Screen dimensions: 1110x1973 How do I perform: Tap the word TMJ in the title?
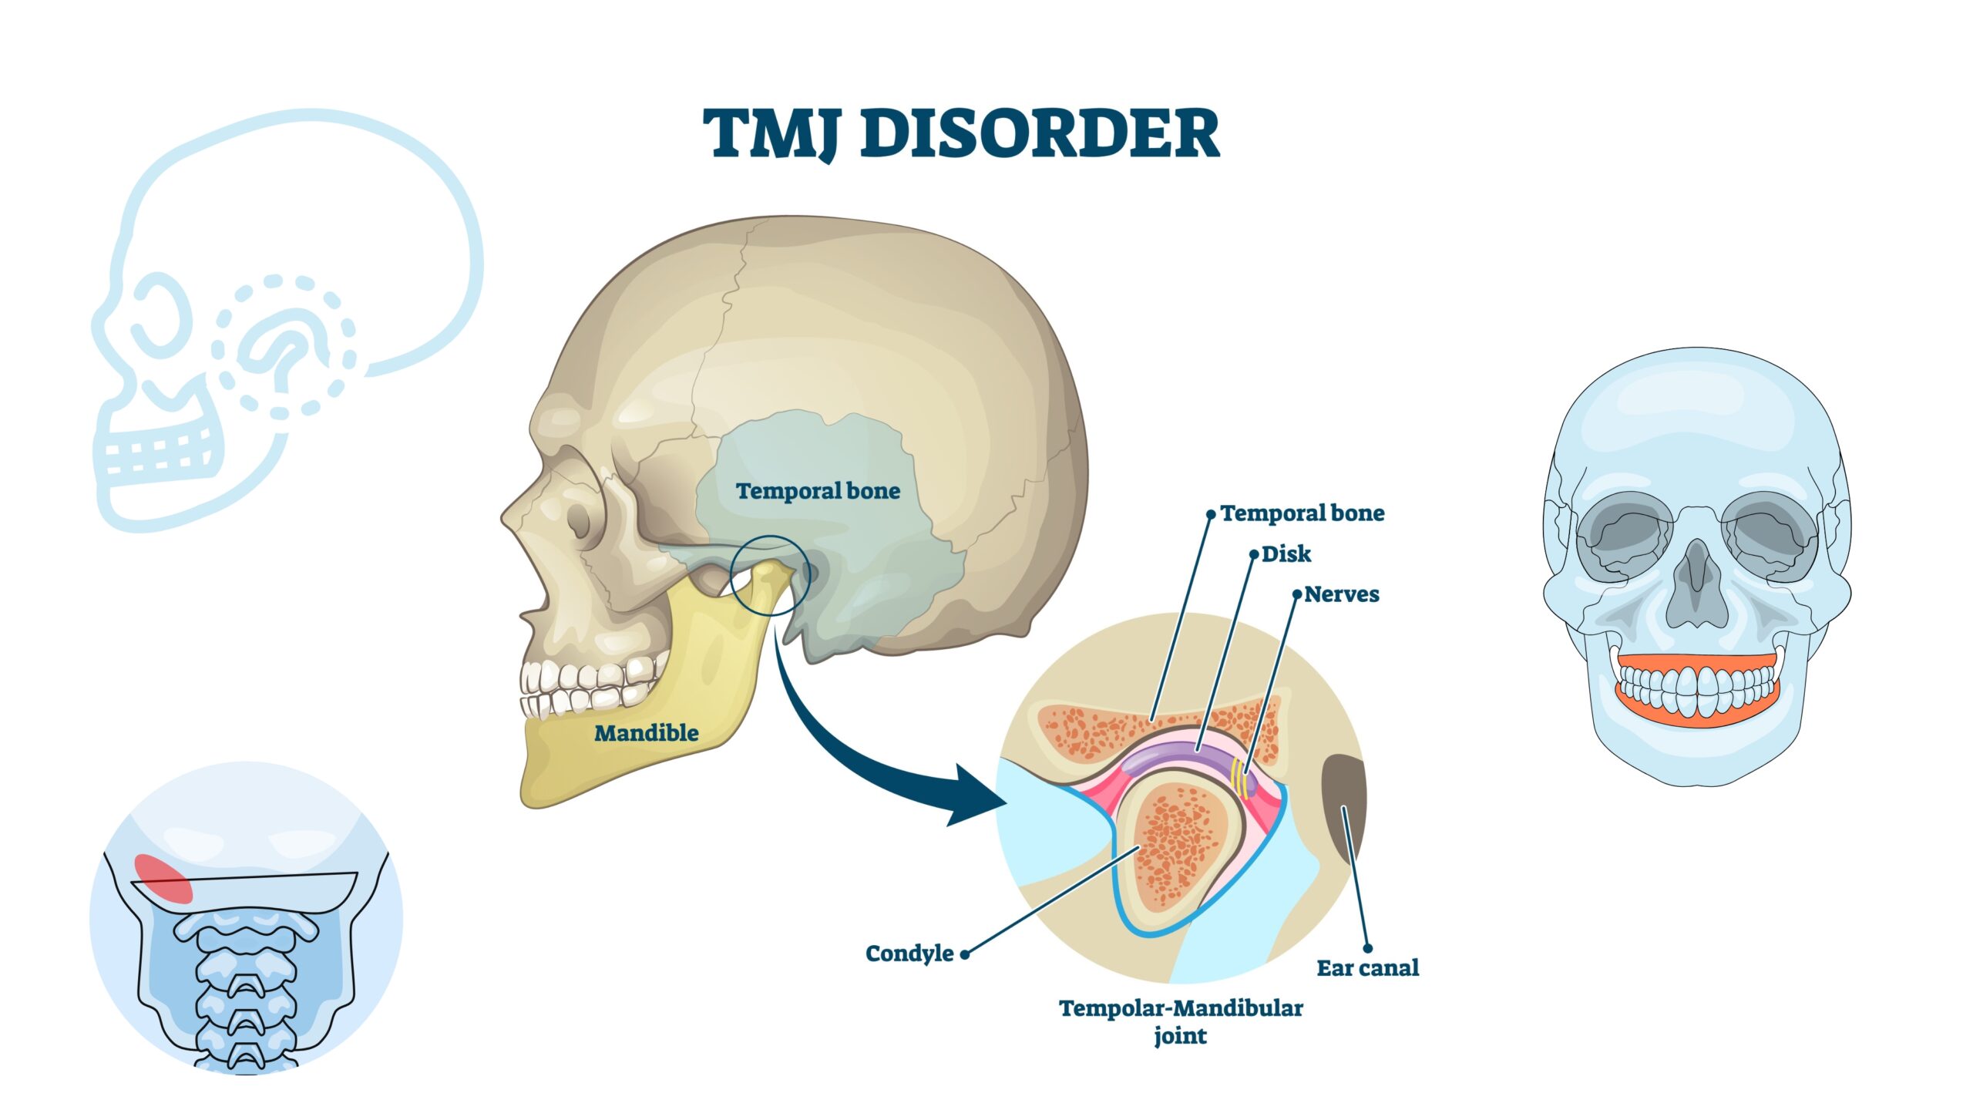click(x=771, y=133)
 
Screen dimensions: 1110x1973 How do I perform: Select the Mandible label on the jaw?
click(x=646, y=733)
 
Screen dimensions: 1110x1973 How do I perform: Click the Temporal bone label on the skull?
click(x=818, y=491)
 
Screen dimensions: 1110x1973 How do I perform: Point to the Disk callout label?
click(x=1286, y=554)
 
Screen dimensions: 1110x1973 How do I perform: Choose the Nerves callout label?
click(x=1341, y=594)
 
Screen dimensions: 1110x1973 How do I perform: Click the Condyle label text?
click(x=909, y=954)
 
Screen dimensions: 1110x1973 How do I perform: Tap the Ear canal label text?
click(x=1367, y=968)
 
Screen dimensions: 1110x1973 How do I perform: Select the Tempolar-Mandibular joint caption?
click(x=1181, y=1021)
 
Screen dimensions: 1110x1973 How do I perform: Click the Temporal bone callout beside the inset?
click(x=1302, y=513)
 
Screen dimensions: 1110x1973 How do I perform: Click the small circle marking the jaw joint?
click(x=770, y=575)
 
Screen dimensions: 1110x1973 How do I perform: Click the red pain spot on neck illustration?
click(x=163, y=878)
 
